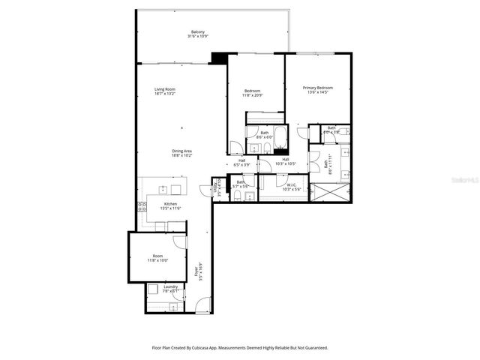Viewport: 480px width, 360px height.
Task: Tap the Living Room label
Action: (x=165, y=91)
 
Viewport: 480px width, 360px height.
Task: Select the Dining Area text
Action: (x=183, y=152)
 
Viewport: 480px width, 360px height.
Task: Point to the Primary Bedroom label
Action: (x=317, y=89)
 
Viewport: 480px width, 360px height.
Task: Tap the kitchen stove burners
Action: (x=141, y=206)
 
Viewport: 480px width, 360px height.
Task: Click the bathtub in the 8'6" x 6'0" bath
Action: (x=280, y=136)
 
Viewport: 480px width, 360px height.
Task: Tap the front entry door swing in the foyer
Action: (x=202, y=304)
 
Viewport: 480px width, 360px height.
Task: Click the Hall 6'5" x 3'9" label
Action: (x=242, y=161)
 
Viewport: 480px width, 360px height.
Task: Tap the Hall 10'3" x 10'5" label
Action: (x=286, y=161)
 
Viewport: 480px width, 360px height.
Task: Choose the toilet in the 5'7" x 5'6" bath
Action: (x=238, y=196)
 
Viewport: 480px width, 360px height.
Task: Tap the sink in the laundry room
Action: (x=173, y=306)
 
